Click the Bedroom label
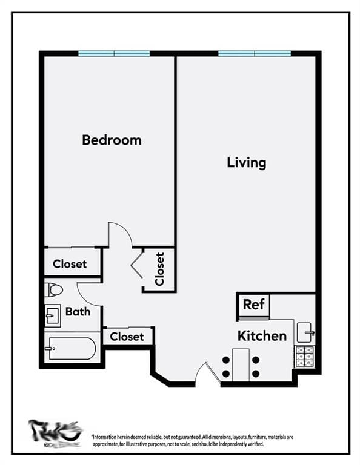(x=112, y=140)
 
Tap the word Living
(x=246, y=162)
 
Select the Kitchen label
(x=262, y=335)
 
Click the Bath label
(x=78, y=312)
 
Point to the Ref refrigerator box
(x=253, y=305)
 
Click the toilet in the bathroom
(x=53, y=290)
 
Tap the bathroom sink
(x=52, y=315)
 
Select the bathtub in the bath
(x=72, y=349)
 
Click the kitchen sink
(x=304, y=332)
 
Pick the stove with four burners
(x=304, y=357)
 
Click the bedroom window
(x=114, y=53)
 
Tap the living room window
(x=255, y=53)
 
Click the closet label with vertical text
(x=159, y=269)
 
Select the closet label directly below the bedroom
(x=70, y=264)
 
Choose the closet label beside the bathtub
(x=127, y=336)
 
